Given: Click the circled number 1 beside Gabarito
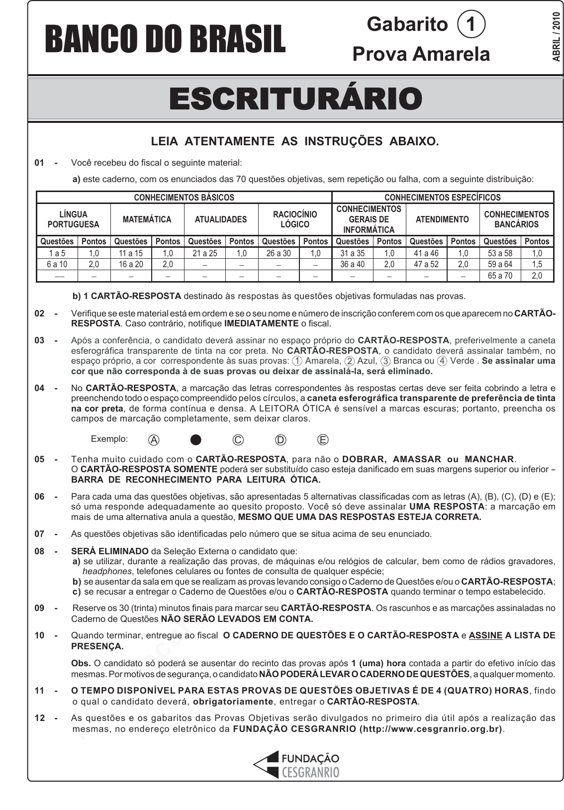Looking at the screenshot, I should tap(470, 24).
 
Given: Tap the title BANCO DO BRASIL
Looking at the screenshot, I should tap(165, 39).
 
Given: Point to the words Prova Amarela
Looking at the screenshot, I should tap(421, 54).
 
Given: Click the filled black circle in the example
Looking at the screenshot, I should tap(196, 439).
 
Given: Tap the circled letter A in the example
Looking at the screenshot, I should tap(154, 439).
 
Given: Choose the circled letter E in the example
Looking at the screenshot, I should tap(323, 439).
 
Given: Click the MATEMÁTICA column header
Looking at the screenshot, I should tap(147, 219).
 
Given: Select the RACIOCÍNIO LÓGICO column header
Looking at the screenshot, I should tap(295, 219).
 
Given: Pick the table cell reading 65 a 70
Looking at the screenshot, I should tap(500, 275).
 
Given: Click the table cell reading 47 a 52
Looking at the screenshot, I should tap(426, 264).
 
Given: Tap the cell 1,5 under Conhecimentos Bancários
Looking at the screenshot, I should tap(537, 264).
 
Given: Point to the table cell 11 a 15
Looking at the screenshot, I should tap(130, 253).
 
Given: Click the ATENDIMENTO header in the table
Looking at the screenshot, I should tap(442, 219).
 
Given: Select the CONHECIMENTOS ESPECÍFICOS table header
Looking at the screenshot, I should tap(443, 198).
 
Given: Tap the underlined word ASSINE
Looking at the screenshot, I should tap(485, 635).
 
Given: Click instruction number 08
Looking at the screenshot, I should tap(39, 551).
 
